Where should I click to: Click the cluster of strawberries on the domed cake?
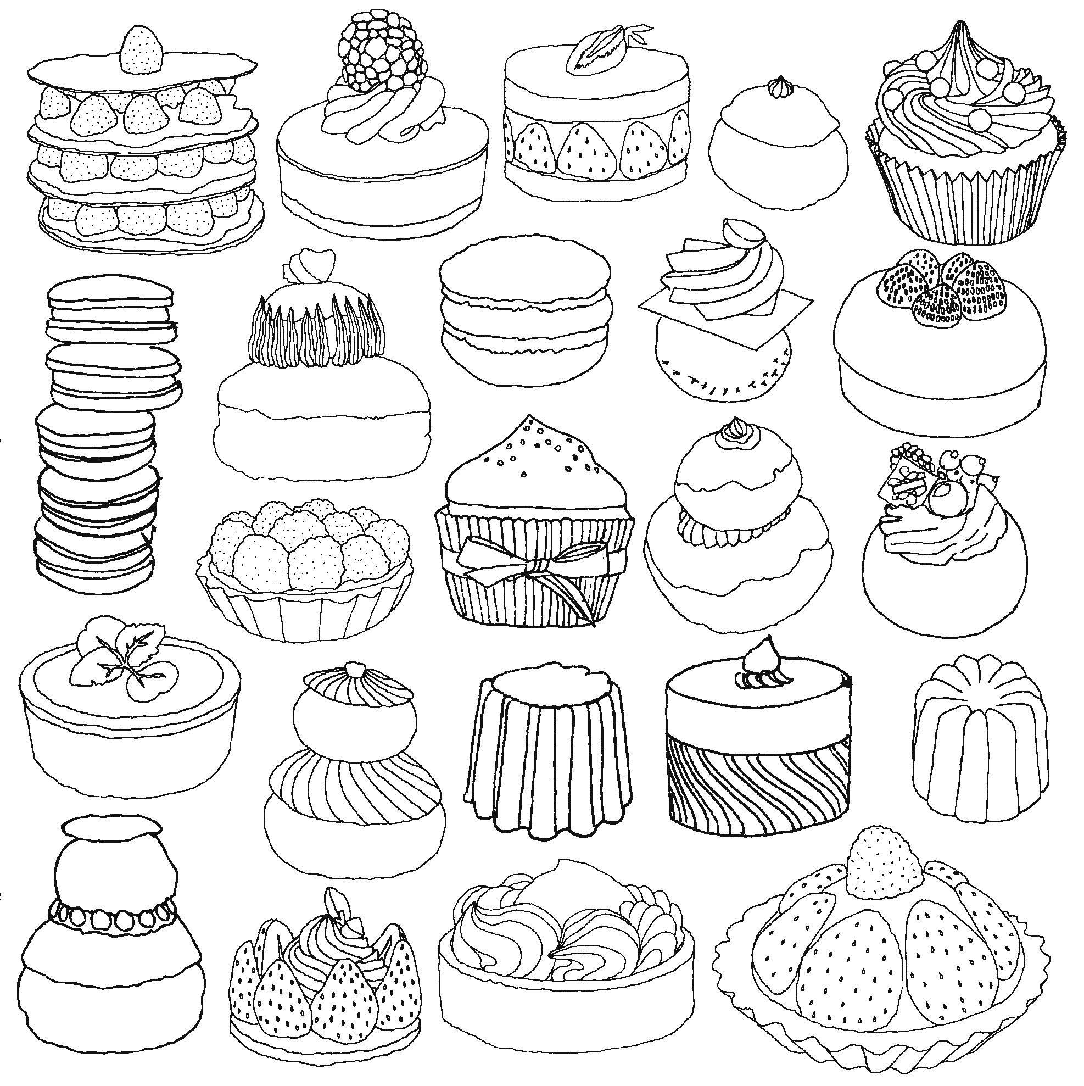pos(943,293)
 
